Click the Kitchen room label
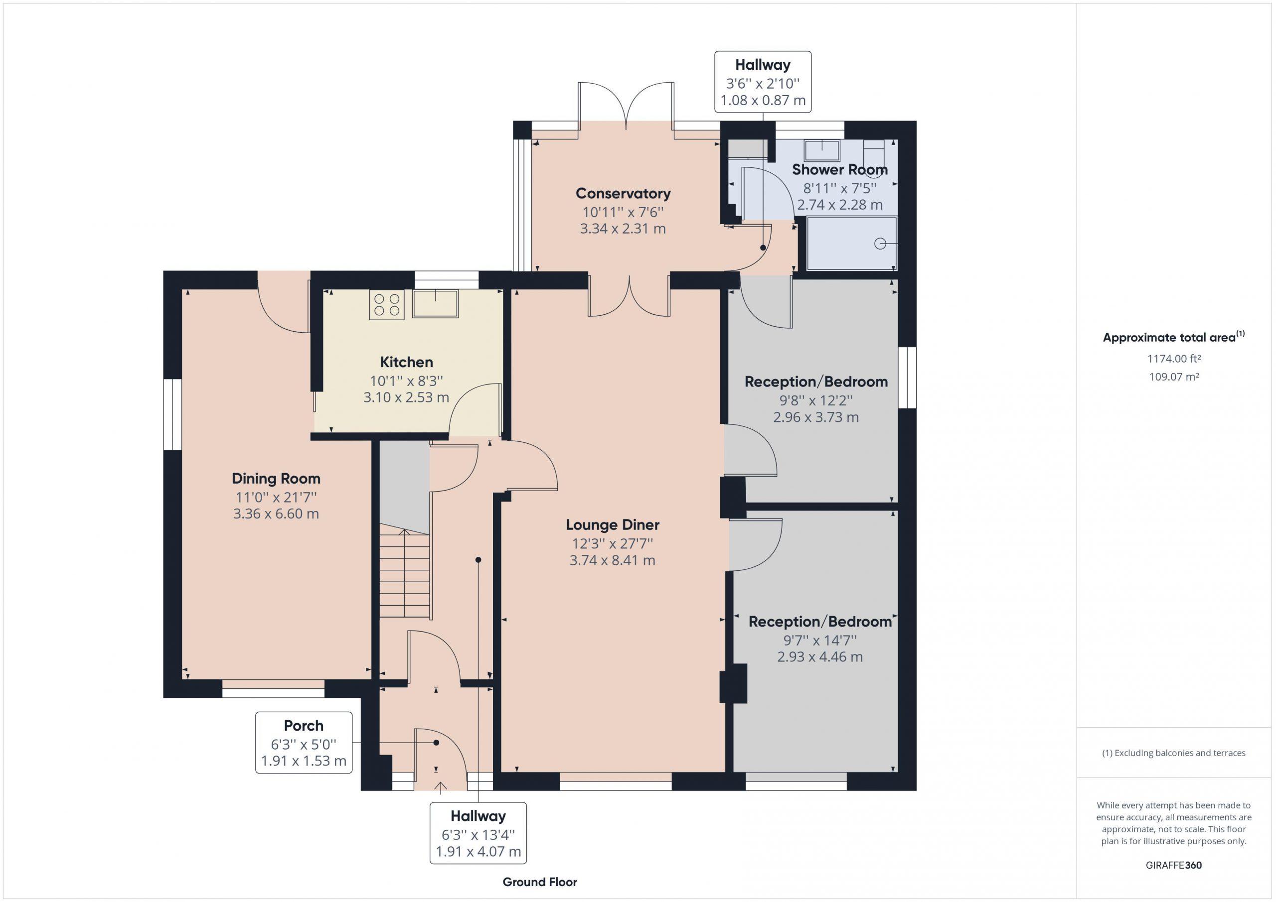pyautogui.click(x=406, y=362)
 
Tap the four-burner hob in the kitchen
pyautogui.click(x=387, y=305)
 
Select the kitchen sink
pyautogui.click(x=435, y=303)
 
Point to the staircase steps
pyautogui.click(x=405, y=574)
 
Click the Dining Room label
pyautogui.click(x=276, y=478)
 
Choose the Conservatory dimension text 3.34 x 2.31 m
pyautogui.click(x=623, y=228)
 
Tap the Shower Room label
pyautogui.click(x=839, y=169)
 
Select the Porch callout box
pyautogui.click(x=304, y=743)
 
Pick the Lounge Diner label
pyautogui.click(x=613, y=525)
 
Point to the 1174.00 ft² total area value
pyautogui.click(x=1174, y=359)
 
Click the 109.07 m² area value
pyautogui.click(x=1174, y=377)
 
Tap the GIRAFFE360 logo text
pyautogui.click(x=1174, y=865)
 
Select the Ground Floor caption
pyautogui.click(x=540, y=882)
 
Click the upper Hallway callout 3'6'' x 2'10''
pyautogui.click(x=763, y=82)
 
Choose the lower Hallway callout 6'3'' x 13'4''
pyautogui.click(x=478, y=833)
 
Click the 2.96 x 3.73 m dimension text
pyautogui.click(x=816, y=417)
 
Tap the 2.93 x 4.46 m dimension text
pyautogui.click(x=820, y=657)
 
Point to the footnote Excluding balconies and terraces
pyautogui.click(x=1174, y=753)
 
